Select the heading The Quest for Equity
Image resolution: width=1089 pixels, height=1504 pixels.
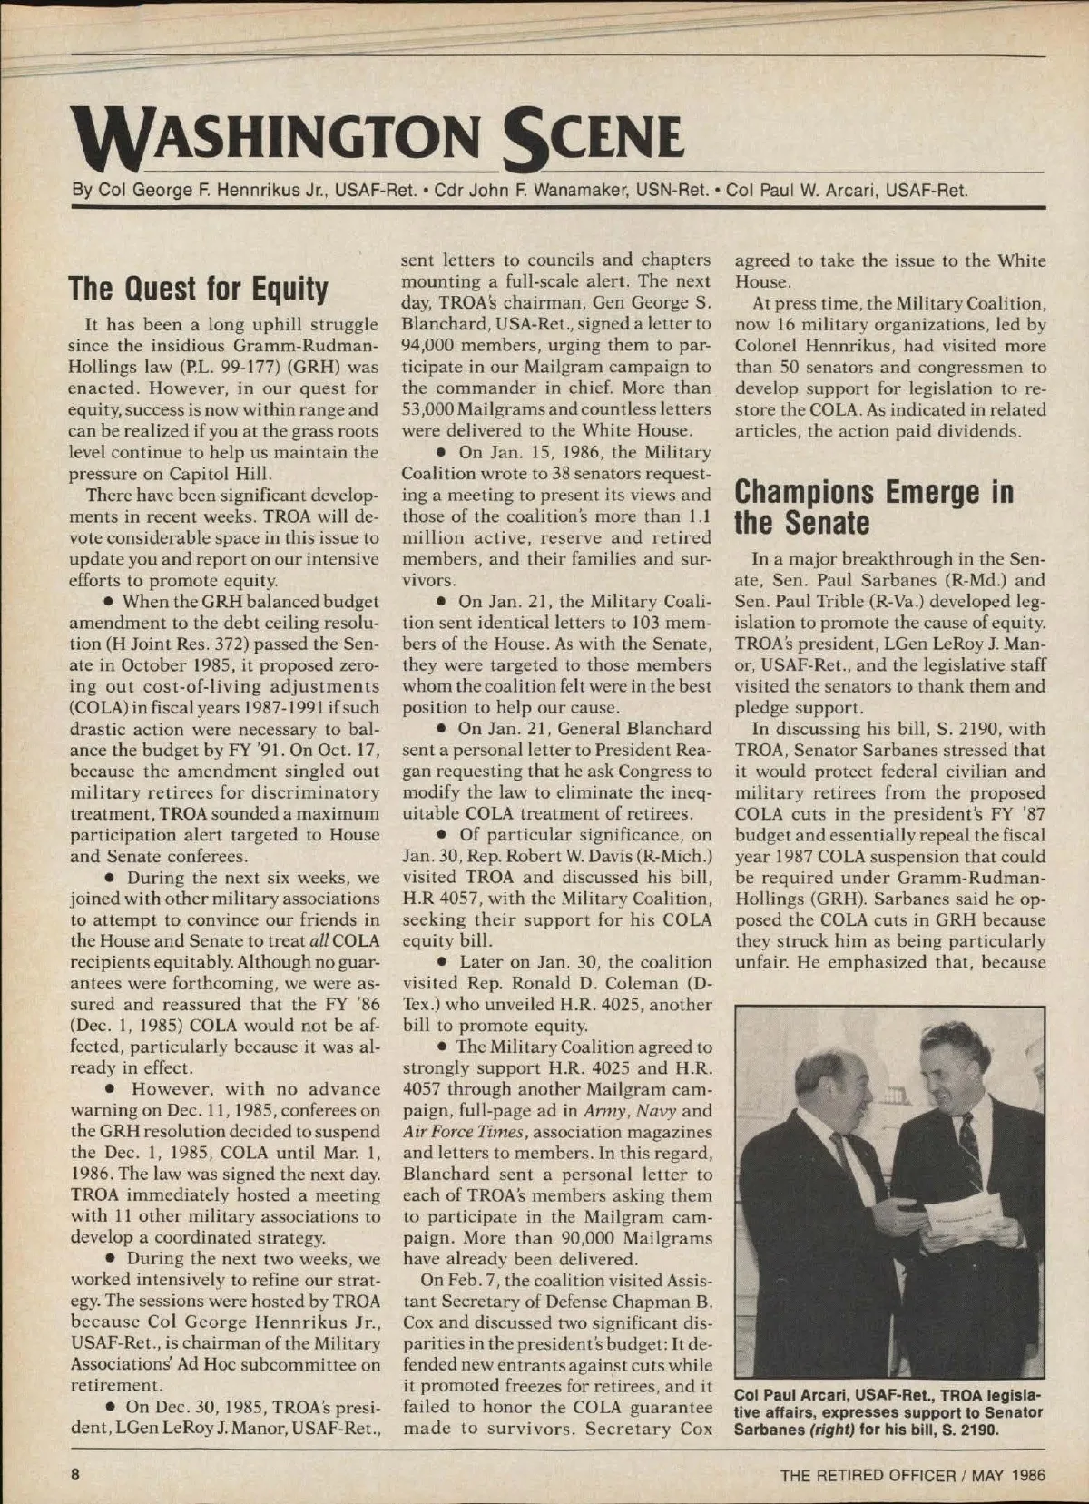point(198,289)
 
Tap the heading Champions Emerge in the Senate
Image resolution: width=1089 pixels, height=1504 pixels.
point(873,507)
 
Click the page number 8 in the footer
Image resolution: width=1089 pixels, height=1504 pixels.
point(77,1474)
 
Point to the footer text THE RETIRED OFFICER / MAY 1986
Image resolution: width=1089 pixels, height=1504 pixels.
point(912,1475)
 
